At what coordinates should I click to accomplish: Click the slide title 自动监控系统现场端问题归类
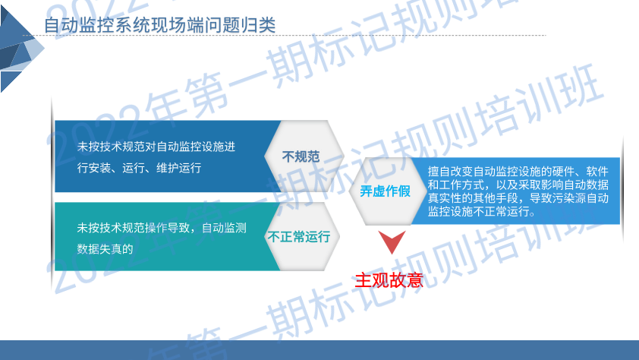159,25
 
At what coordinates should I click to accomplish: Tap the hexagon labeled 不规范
304,156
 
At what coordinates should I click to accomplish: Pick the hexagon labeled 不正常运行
302,236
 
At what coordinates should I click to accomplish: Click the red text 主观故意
389,280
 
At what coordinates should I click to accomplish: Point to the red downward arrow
392,242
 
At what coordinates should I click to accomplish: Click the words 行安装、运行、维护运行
139,168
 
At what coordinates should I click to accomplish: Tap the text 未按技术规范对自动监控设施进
156,147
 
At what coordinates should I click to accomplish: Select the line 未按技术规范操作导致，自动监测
162,228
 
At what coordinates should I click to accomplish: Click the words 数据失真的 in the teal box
105,248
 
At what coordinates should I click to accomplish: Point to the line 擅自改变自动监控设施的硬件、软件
518,171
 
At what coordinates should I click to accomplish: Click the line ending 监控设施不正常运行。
481,211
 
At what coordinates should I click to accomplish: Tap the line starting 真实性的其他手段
518,198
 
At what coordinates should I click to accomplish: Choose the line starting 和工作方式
518,185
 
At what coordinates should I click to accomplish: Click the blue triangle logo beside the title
20,48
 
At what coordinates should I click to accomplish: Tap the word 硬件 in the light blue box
563,171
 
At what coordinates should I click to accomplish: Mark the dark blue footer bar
319,350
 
